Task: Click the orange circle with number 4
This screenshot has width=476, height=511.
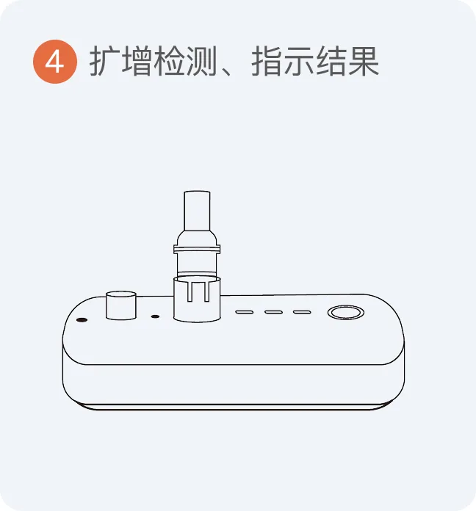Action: (55, 61)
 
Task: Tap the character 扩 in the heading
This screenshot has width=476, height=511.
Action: (105, 61)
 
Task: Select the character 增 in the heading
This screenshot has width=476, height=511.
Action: (137, 61)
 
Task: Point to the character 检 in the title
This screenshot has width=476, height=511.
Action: (169, 61)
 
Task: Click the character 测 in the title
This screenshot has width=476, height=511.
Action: (201, 61)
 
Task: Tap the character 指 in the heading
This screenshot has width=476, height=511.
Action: (267, 61)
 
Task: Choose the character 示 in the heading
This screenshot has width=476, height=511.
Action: (299, 61)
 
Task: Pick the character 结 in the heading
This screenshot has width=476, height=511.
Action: (331, 61)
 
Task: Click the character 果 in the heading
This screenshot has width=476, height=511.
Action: (364, 61)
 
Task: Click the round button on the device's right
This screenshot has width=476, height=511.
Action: (345, 313)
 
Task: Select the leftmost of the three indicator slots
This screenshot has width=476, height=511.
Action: (245, 312)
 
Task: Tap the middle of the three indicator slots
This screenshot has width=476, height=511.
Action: (273, 312)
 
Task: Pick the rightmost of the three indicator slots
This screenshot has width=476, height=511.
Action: (302, 312)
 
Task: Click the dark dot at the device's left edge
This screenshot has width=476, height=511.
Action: (82, 319)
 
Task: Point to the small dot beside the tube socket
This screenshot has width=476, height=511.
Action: (156, 316)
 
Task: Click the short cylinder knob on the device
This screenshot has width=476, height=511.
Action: (121, 305)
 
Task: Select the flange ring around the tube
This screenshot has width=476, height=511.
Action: (197, 250)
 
